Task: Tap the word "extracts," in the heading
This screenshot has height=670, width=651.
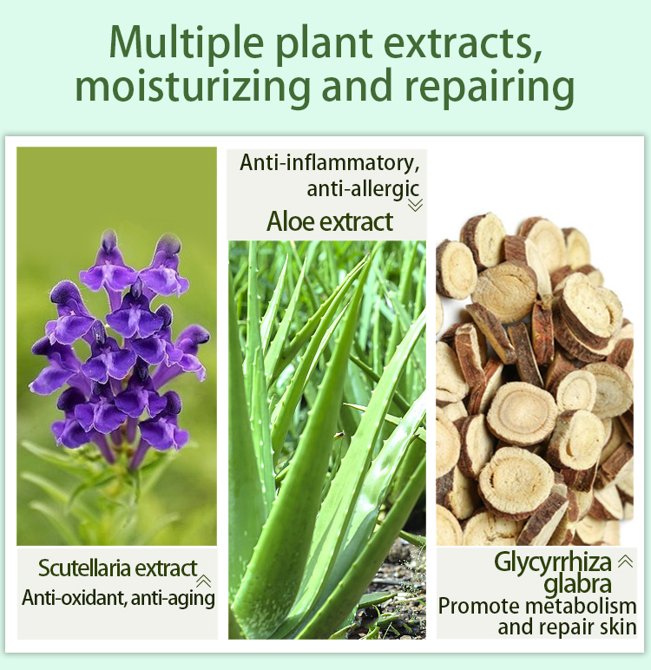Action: click(x=460, y=43)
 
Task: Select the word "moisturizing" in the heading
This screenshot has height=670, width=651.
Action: click(x=192, y=88)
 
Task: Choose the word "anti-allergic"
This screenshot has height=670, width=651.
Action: click(x=363, y=188)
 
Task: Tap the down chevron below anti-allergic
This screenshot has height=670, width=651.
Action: click(x=415, y=206)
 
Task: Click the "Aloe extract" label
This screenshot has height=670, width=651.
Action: click(x=330, y=221)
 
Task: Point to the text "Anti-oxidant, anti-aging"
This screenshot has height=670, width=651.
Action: click(x=118, y=598)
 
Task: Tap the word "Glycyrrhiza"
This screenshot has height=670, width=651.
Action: click(x=552, y=562)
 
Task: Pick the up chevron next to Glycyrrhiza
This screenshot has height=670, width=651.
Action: click(x=624, y=562)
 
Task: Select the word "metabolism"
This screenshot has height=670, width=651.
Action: click(x=582, y=605)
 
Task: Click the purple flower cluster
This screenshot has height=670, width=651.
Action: click(x=117, y=347)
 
